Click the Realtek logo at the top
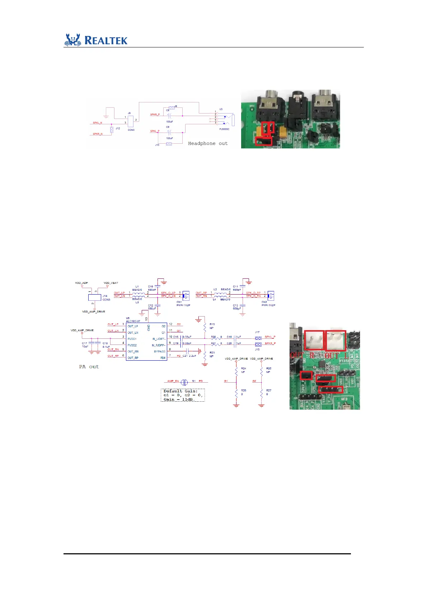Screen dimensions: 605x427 pos(96,40)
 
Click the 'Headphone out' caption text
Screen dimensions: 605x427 pos(208,143)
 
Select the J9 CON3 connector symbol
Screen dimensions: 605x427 pos(131,121)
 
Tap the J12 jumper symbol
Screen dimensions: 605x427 pos(112,130)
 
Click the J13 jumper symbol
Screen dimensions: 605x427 pos(169,144)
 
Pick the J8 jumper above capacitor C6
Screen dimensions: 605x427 pos(172,108)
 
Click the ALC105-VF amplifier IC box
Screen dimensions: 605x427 pos(146,342)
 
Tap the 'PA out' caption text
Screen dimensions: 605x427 pos(89,367)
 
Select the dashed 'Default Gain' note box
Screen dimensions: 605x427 pos(183,395)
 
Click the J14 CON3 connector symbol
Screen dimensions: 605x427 pos(95,297)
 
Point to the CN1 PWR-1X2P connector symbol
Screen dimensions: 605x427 pos(186,295)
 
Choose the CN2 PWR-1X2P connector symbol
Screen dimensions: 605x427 pos(271,295)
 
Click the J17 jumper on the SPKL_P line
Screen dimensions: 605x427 pos(258,338)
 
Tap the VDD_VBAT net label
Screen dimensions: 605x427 pos(111,283)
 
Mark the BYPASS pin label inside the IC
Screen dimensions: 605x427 pos(160,351)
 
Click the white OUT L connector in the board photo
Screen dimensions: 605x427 pos(335,340)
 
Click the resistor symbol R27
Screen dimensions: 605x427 pos(261,393)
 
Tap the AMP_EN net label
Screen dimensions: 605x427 pos(173,381)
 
